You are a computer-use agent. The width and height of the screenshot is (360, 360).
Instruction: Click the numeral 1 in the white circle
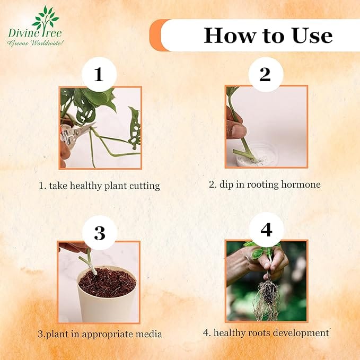99,74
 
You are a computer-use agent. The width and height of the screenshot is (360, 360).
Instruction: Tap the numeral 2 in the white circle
265,74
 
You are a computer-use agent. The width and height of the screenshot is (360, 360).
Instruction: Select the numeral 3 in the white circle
100,233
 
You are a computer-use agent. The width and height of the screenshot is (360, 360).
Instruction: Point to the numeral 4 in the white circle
266,230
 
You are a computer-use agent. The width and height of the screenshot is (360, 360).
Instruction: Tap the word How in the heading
230,35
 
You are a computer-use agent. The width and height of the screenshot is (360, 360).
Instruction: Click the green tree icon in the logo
46,17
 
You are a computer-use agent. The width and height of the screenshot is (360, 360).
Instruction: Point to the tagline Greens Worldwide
35,43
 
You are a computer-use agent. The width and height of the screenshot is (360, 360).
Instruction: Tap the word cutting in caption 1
144,186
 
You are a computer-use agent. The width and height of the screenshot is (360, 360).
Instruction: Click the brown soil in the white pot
108,283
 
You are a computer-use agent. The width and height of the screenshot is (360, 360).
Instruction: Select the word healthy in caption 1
86,186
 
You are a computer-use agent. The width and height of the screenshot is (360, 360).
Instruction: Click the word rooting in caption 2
262,185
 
